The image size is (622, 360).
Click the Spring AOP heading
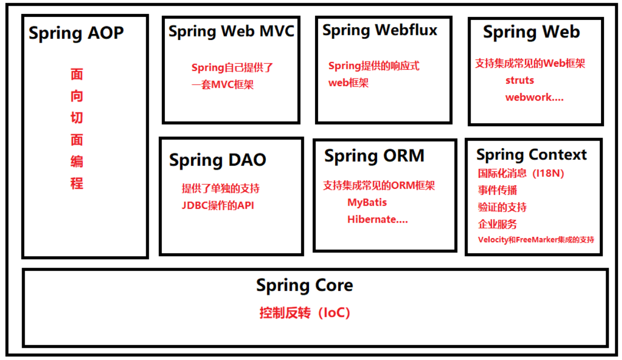coord(76,33)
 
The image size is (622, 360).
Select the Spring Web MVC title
coord(231,31)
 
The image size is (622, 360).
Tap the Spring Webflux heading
coord(380,30)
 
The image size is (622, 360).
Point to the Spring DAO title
coord(218,160)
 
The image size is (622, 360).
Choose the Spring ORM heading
coord(374,156)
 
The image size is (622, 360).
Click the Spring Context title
coord(531,155)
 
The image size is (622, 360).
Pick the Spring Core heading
coord(304,286)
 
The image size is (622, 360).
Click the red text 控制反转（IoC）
coord(305,313)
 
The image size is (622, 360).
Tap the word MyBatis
coord(367,203)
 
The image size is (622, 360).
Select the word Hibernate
coord(372,219)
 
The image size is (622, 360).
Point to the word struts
coord(519,81)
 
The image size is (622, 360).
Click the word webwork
coord(529,97)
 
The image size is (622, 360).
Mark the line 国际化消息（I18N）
coord(521,174)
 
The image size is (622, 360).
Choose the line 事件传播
coord(497,191)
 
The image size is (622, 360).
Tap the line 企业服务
coord(497,224)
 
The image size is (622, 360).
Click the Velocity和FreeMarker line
coord(536,239)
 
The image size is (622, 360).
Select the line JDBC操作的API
coord(218,206)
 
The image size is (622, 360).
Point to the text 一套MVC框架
coord(222,85)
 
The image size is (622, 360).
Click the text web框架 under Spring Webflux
coord(348,83)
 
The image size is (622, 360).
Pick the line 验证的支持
coord(502,208)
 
